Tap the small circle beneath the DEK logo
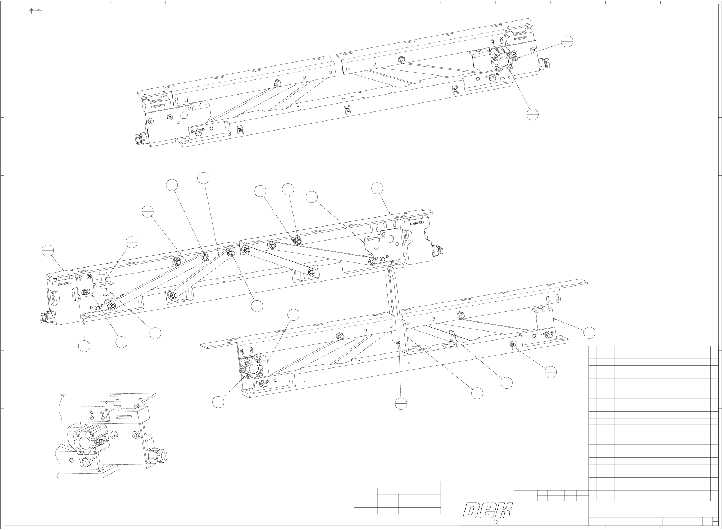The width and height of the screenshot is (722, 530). pos(495,522)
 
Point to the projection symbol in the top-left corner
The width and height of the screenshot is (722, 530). pos(35,11)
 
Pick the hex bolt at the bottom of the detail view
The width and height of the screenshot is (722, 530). pos(84,462)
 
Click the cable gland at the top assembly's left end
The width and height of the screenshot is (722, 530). pos(139,138)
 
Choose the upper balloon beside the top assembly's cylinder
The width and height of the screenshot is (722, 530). pos(567,41)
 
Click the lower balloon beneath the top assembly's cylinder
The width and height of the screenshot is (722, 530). pos(532,115)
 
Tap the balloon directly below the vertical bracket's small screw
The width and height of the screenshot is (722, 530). pos(401,403)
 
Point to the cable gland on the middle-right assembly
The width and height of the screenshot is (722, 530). pos(437,249)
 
